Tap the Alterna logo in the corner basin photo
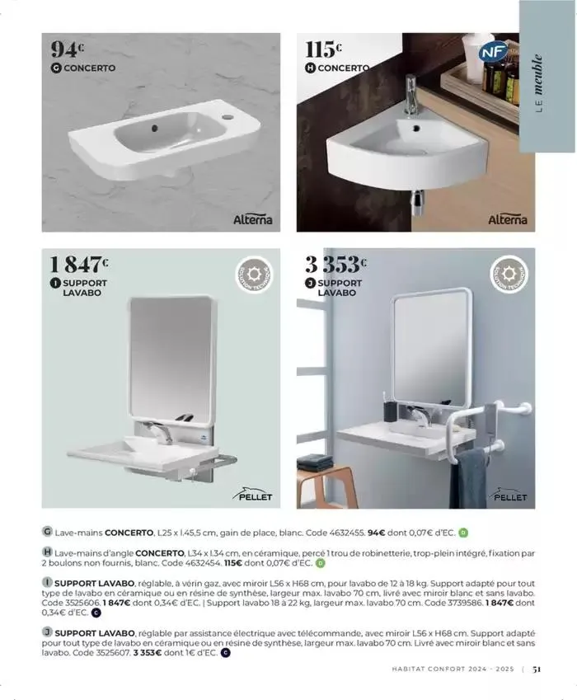point(506,220)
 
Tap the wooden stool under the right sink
point(326,486)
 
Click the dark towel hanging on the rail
point(467,477)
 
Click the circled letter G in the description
point(47,533)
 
